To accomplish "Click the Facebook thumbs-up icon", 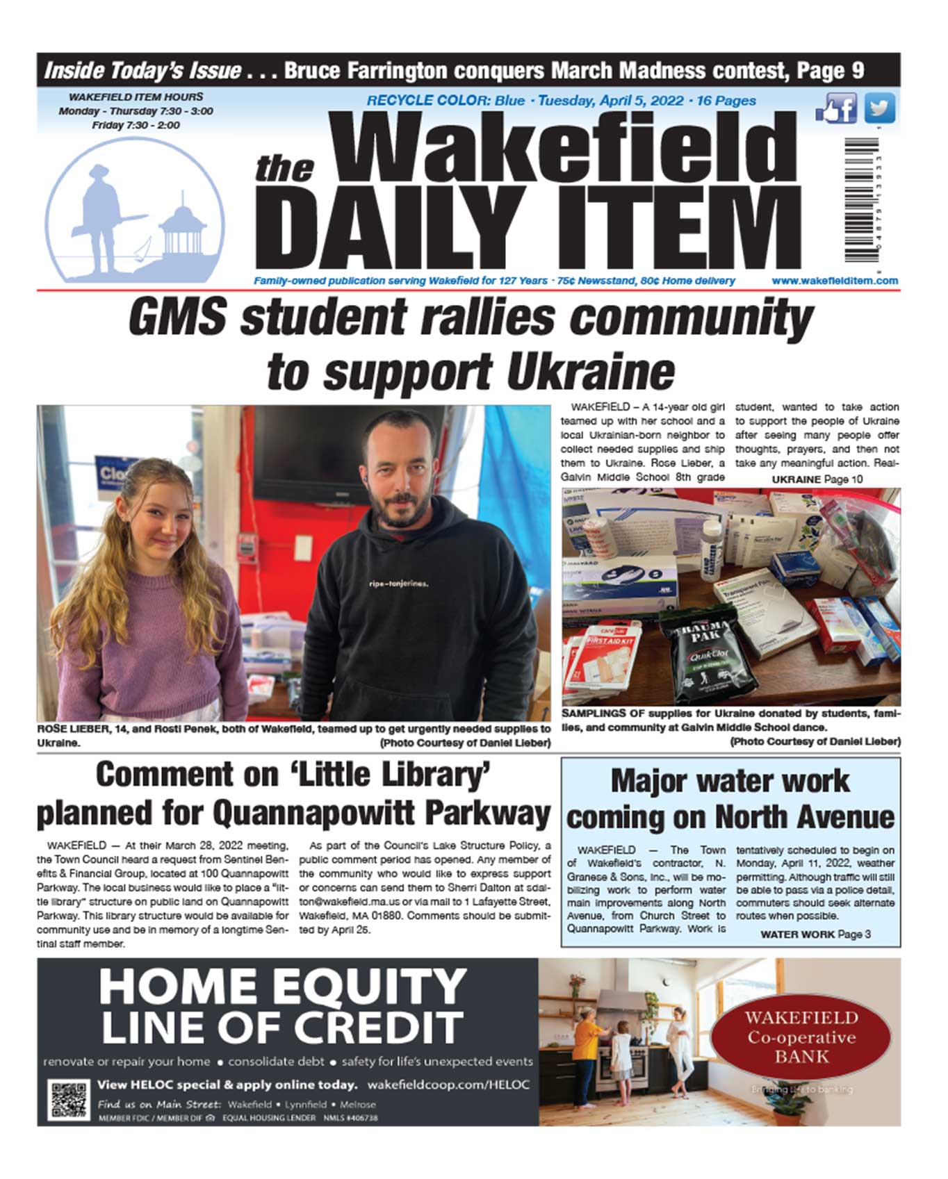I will [837, 109].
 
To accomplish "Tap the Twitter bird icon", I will [879, 108].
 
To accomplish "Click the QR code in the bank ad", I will [68, 1099].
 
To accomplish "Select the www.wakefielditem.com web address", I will [834, 281].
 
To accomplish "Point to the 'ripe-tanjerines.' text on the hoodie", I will [398, 584].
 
